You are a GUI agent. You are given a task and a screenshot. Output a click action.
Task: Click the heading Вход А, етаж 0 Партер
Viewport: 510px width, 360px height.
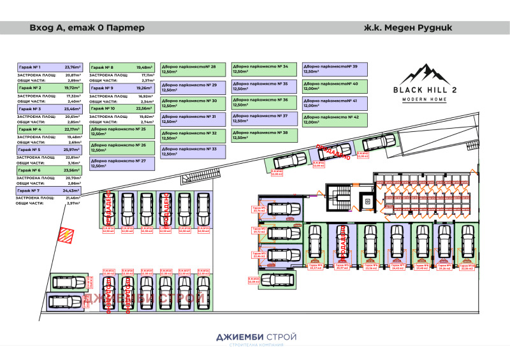coord(87,28)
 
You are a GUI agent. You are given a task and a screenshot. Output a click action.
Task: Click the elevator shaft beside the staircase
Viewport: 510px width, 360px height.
coord(368,201)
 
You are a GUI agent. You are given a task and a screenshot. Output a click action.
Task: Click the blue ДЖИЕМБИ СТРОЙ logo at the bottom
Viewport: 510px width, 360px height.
coord(254,335)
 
